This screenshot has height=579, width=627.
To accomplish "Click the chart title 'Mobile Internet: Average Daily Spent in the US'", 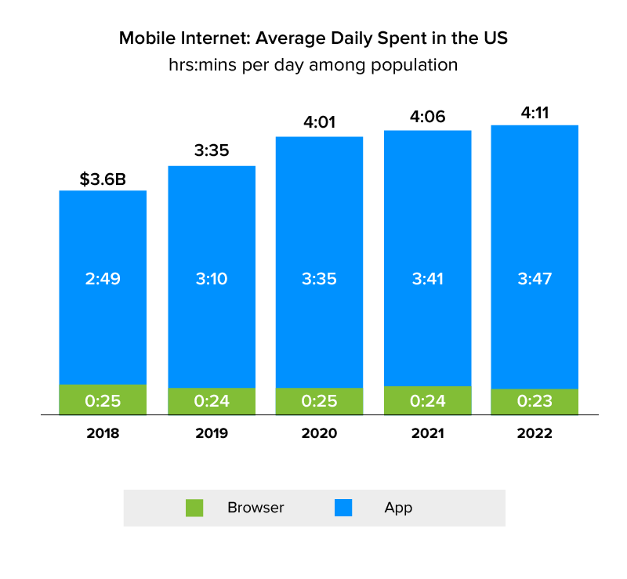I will (313, 38).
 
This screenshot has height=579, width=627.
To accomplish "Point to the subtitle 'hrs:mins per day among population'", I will (313, 65).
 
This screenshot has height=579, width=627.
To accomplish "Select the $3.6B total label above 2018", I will (103, 179).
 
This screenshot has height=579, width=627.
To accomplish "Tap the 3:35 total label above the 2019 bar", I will (212, 151).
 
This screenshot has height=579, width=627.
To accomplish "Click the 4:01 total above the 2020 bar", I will (319, 123).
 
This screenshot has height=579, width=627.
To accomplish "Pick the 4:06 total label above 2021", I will (427, 116).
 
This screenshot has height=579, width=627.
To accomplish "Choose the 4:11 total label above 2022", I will (535, 112).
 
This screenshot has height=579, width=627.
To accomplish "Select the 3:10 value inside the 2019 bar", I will (212, 279).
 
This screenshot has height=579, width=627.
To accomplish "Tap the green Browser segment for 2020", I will (319, 401).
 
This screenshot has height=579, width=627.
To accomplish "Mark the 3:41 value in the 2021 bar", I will (427, 279).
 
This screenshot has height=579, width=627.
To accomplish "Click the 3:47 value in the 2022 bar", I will (535, 279).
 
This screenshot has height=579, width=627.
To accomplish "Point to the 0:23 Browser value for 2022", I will (535, 402).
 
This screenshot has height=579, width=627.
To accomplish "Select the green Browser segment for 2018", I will (103, 400).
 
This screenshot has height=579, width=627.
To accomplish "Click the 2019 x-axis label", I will (212, 433).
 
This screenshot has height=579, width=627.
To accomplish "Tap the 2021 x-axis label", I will (427, 433).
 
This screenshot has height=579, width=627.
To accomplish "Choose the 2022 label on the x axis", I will (535, 433).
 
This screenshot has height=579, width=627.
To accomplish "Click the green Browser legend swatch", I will (194, 508).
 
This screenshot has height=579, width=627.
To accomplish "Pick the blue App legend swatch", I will (343, 508).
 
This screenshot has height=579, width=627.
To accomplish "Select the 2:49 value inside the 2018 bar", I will (103, 279).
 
